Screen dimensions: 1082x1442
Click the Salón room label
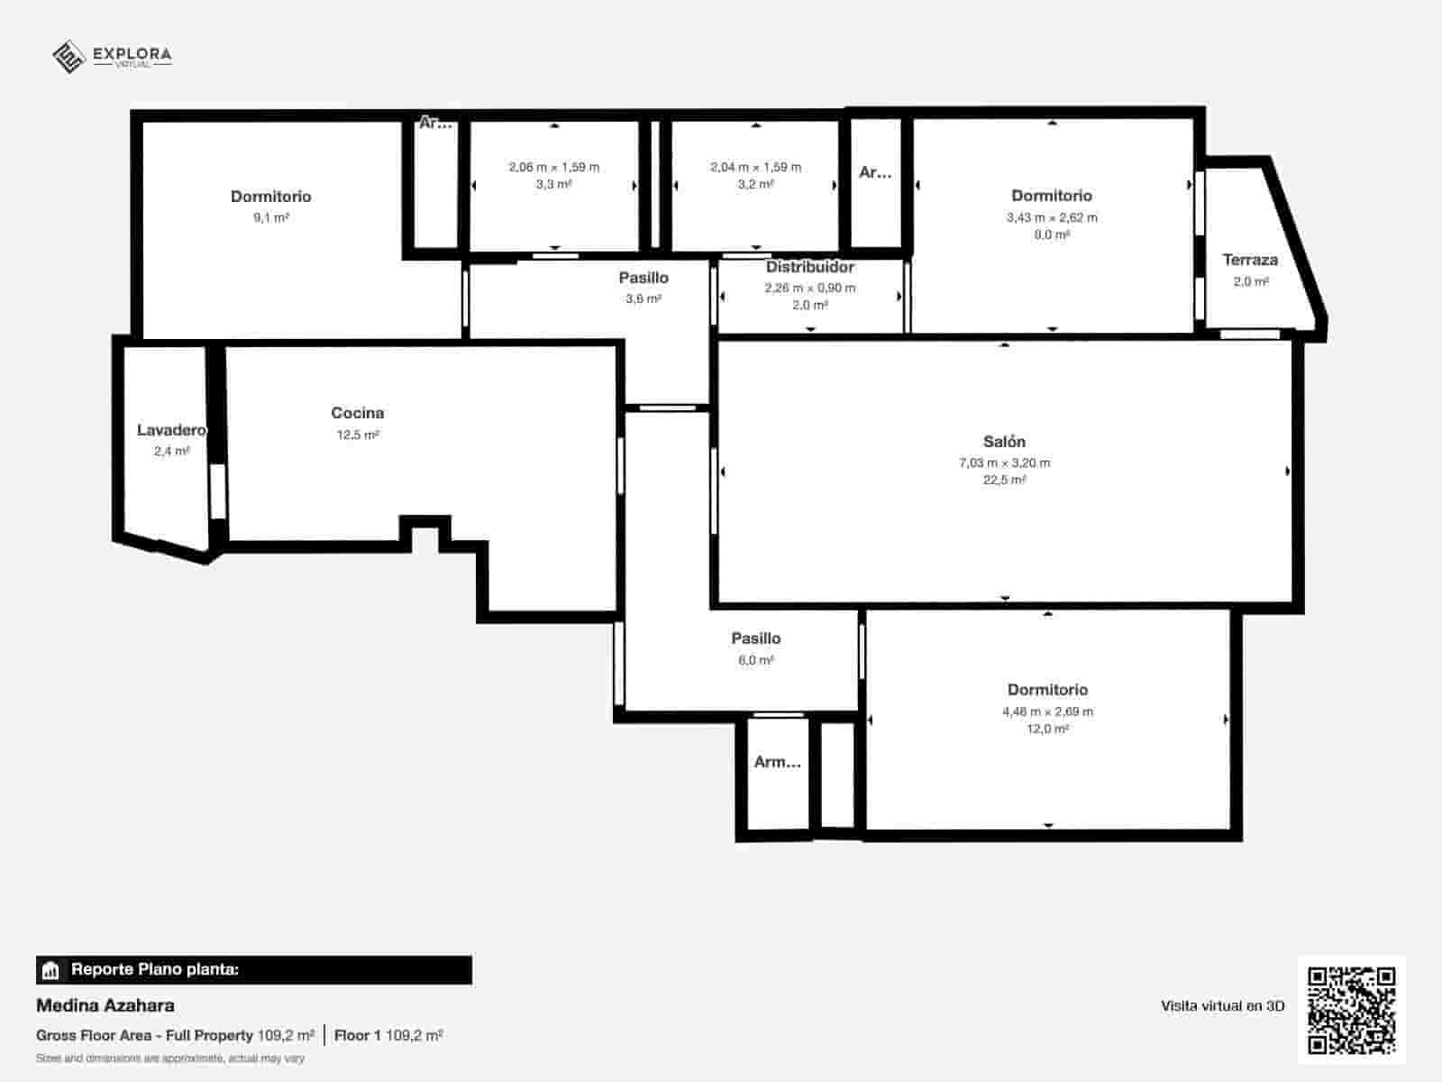click(x=1004, y=442)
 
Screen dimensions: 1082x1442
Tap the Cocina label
click(x=358, y=413)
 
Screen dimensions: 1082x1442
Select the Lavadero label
click(x=171, y=430)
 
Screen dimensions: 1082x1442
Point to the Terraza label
click(x=1250, y=260)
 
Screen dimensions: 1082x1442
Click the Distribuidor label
click(x=810, y=267)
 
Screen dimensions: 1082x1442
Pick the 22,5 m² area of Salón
click(x=1004, y=480)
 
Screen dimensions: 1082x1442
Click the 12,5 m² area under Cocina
click(x=358, y=435)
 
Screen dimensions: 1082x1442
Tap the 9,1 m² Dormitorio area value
click(x=271, y=217)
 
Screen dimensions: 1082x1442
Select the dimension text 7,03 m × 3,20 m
click(x=1004, y=463)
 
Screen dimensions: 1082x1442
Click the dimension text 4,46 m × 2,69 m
click(x=1047, y=711)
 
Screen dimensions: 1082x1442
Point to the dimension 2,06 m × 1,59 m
click(x=553, y=167)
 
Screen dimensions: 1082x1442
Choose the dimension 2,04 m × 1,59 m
click(x=755, y=167)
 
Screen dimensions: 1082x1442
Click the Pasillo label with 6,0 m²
click(x=755, y=638)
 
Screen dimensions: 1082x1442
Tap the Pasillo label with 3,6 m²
click(x=643, y=278)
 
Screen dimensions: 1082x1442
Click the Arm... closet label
click(x=777, y=762)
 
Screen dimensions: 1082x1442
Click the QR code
click(x=1351, y=1010)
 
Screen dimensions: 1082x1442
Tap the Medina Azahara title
click(x=105, y=1005)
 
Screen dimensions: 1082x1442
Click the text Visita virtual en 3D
click(x=1222, y=1006)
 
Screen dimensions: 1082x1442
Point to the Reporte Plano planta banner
click(x=253, y=970)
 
